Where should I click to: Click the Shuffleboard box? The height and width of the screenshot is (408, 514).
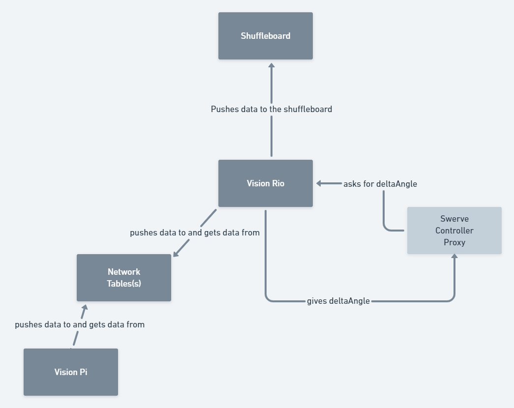(266, 36)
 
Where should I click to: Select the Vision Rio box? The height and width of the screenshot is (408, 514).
(266, 183)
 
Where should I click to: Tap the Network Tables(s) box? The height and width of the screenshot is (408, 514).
(124, 278)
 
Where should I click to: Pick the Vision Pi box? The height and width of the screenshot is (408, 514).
(71, 372)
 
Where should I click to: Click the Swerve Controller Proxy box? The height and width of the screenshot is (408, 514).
(454, 231)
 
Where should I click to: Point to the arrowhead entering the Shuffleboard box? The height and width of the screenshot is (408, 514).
(271, 65)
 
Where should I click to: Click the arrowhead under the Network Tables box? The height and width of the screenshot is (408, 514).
(84, 308)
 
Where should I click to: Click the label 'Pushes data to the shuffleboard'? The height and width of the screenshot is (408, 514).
(272, 109)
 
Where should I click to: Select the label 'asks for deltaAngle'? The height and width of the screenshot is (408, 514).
(380, 184)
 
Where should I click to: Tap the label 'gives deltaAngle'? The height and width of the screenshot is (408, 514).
(338, 301)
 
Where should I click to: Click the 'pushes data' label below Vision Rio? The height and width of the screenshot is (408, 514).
(195, 233)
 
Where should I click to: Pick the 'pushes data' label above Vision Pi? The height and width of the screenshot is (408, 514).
(80, 324)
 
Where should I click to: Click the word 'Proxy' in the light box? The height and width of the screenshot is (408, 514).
(454, 242)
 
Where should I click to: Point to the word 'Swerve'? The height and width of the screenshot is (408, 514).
(454, 219)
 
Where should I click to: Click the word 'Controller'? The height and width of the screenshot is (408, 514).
(454, 231)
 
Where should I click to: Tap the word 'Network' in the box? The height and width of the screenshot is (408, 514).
(124, 272)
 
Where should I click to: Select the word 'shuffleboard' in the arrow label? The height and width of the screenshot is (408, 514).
(307, 109)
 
